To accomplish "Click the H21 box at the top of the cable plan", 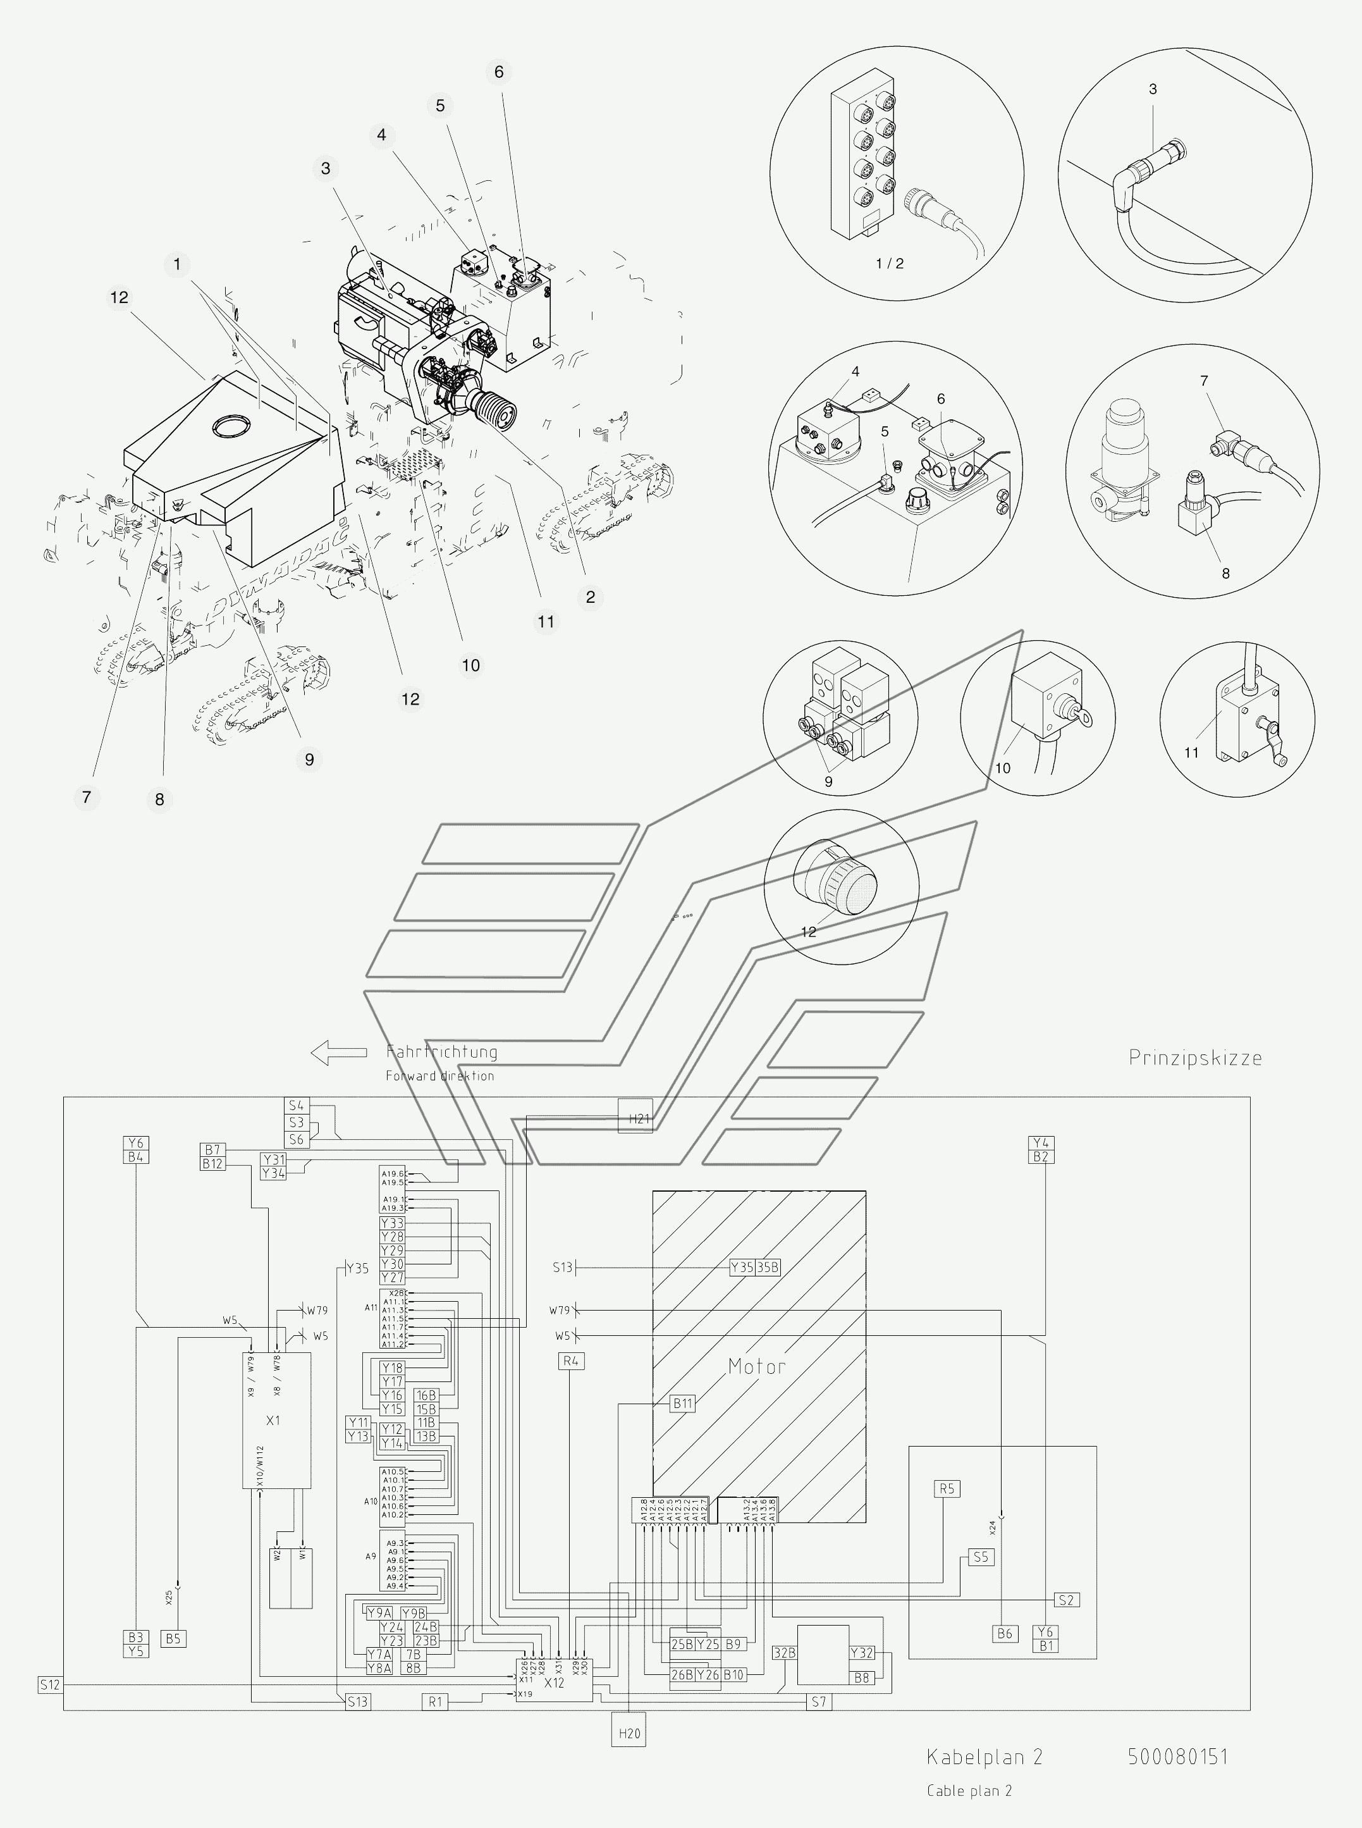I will coord(635,1118).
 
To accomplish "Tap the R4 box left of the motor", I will coord(570,1361).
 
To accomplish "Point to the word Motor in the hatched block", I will coord(756,1367).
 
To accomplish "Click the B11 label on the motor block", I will coord(683,1404).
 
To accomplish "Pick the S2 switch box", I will coord(1066,1600).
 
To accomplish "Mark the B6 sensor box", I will coord(1005,1633).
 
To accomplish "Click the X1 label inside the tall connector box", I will coord(274,1420).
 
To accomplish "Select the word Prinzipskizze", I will coord(1194,1058).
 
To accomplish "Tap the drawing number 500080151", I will coord(1177,1757).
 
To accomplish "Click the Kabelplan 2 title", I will coord(985,1757).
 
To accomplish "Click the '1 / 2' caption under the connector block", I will coord(890,264).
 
